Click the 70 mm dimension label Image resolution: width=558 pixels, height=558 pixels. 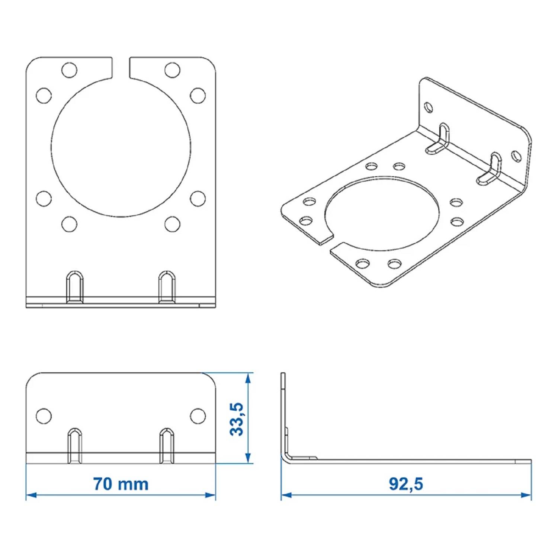click(x=121, y=484)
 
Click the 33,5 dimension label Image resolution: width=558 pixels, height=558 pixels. click(x=237, y=419)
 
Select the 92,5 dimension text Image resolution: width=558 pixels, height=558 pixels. click(x=406, y=484)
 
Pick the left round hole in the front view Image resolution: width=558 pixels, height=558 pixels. click(x=44, y=416)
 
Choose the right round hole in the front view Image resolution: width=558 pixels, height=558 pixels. click(x=198, y=416)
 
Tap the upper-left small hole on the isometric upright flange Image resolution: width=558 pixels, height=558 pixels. click(x=429, y=108)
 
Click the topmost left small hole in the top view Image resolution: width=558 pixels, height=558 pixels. click(x=69, y=70)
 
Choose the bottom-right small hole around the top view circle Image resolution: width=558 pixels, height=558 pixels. click(x=172, y=224)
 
